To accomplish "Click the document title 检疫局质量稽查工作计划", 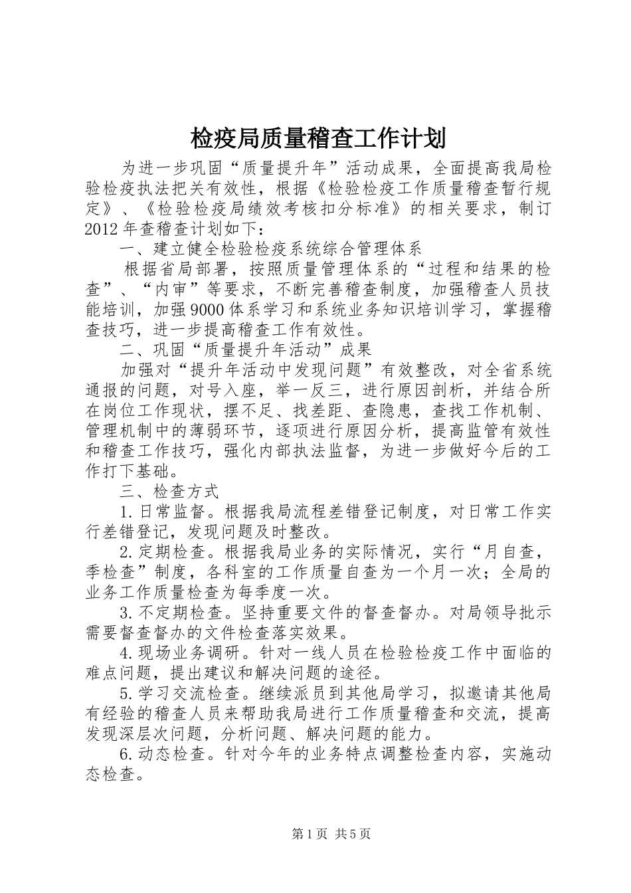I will [317, 139].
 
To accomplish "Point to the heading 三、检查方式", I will [169, 492].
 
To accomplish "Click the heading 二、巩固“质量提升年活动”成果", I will [246, 349].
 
